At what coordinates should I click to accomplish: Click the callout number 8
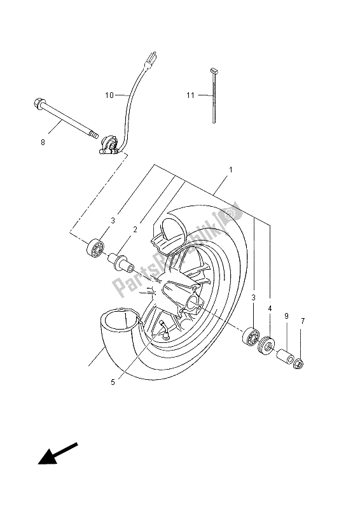(43, 142)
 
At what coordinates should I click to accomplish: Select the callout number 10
(109, 95)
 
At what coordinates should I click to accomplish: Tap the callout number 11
(190, 95)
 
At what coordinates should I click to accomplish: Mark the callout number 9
(286, 316)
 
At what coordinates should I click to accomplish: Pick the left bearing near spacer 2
(97, 247)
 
